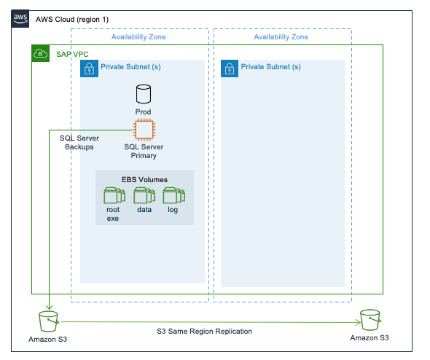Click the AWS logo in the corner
20,17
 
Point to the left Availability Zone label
139,36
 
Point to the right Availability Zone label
282,36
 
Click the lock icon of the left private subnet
89,68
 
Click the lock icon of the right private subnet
230,68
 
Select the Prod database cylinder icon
144,94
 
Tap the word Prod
144,111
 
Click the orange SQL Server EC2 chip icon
144,129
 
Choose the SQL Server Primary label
144,150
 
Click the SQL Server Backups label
79,142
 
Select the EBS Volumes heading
144,179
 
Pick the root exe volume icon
113,195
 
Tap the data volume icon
144,195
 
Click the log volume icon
173,195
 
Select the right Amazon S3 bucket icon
370,319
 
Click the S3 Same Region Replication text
204,331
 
